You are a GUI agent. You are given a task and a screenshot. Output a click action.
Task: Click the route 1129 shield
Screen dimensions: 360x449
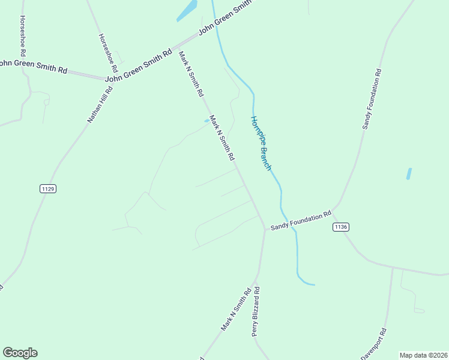coord(49,188)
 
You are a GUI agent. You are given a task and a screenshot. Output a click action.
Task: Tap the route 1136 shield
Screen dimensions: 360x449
coord(340,227)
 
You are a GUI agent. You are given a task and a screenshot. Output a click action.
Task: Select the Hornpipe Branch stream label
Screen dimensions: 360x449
coord(261,143)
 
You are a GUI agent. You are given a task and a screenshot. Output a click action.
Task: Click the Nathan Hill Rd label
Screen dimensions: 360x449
coord(100,105)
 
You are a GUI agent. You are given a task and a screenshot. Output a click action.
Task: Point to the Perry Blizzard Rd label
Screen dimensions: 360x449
coord(256,311)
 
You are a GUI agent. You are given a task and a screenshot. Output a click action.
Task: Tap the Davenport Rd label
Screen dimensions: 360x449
coord(374,344)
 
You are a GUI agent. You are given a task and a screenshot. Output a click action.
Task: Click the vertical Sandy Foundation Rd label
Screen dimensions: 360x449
coord(372,99)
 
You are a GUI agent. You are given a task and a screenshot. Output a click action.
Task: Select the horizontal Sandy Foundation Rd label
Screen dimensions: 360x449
coord(301,221)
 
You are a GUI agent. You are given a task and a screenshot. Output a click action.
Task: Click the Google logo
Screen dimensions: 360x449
coord(20,353)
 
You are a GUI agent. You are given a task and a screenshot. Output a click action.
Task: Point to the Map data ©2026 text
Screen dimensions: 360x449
coord(423,355)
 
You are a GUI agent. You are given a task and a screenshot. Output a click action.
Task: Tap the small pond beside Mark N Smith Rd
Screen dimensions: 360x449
coord(207,121)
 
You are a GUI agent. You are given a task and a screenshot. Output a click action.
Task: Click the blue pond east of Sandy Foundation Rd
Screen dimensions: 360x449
coord(409,173)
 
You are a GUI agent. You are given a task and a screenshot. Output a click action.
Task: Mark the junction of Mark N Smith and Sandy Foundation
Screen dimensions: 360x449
coord(265,228)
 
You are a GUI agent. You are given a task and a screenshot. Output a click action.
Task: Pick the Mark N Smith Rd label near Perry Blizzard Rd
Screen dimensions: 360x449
coord(235,310)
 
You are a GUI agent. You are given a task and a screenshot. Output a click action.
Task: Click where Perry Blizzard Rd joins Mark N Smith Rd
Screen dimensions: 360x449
coord(256,281)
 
